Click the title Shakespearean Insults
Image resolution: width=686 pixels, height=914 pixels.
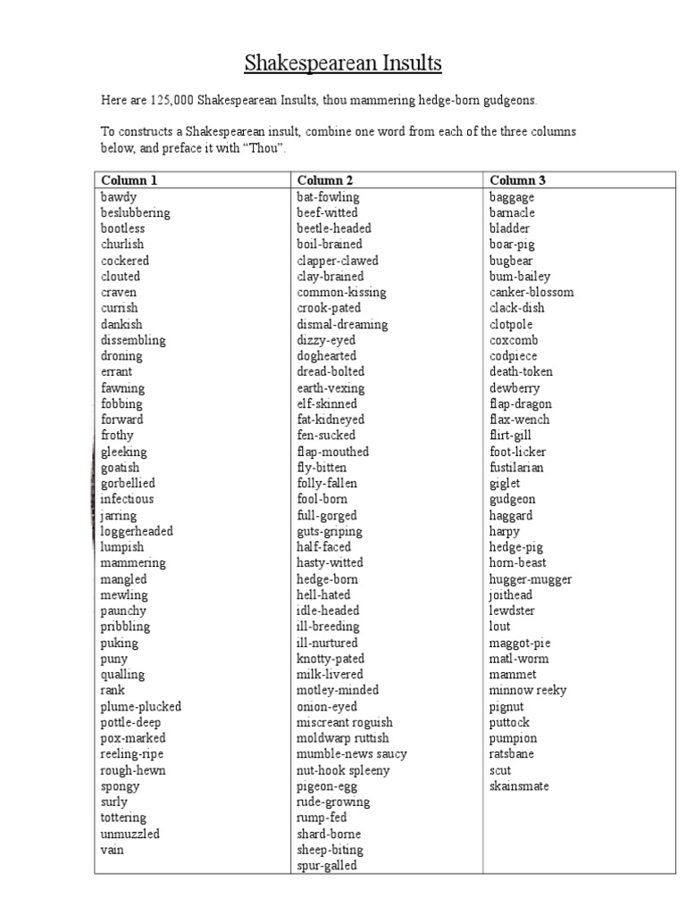click(x=343, y=64)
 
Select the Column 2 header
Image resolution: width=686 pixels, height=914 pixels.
click(x=328, y=180)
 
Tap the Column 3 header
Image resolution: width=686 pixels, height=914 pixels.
click(x=518, y=180)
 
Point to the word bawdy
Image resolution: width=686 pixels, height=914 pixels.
click(x=119, y=196)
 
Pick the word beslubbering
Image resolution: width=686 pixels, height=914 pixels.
click(x=136, y=212)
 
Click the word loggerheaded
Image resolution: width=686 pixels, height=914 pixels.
click(x=137, y=531)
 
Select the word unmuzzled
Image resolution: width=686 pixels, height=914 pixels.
click(x=130, y=834)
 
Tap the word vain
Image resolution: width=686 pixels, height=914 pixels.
click(x=113, y=850)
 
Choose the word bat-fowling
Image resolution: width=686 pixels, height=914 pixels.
click(x=328, y=196)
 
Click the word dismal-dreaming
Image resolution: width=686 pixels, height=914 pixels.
click(x=342, y=324)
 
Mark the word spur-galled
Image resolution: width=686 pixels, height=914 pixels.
click(x=327, y=866)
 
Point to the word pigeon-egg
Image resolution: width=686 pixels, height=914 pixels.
click(x=327, y=786)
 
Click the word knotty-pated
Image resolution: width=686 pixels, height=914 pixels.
click(x=330, y=659)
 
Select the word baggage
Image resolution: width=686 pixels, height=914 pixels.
click(x=512, y=196)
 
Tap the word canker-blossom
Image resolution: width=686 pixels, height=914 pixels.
click(x=531, y=292)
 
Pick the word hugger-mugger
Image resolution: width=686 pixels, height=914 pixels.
click(x=531, y=579)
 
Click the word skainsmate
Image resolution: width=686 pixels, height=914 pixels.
click(x=519, y=786)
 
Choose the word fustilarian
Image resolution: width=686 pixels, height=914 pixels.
click(x=516, y=468)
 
